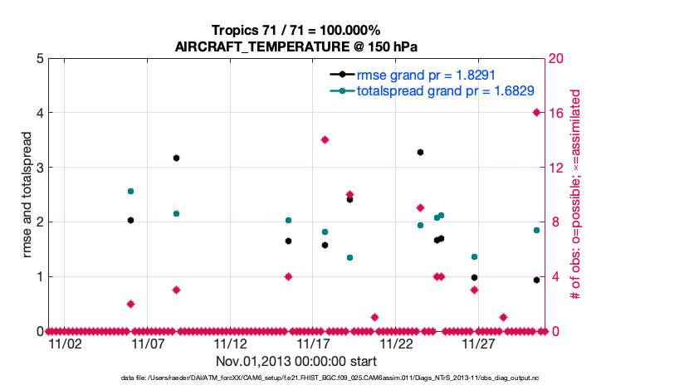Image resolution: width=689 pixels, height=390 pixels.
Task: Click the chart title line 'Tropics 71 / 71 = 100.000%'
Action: tap(296, 30)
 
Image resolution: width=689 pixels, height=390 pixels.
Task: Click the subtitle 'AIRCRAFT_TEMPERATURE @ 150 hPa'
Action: tap(296, 46)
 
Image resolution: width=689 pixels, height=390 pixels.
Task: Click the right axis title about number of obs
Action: tap(574, 195)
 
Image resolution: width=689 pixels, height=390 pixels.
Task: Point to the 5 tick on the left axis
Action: tap(40, 59)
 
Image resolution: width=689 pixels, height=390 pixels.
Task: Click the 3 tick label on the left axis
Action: tap(40, 168)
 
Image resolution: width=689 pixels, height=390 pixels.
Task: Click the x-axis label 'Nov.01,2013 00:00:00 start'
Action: tap(296, 361)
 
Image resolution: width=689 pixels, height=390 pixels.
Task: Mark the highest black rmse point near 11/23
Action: tap(420, 152)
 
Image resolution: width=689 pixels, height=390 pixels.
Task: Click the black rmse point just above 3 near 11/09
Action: tap(176, 158)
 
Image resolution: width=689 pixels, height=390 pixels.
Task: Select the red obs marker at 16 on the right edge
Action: tap(536, 113)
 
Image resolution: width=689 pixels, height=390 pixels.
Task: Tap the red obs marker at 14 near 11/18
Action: tap(325, 139)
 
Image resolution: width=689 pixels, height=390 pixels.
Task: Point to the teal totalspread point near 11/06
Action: tap(130, 191)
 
